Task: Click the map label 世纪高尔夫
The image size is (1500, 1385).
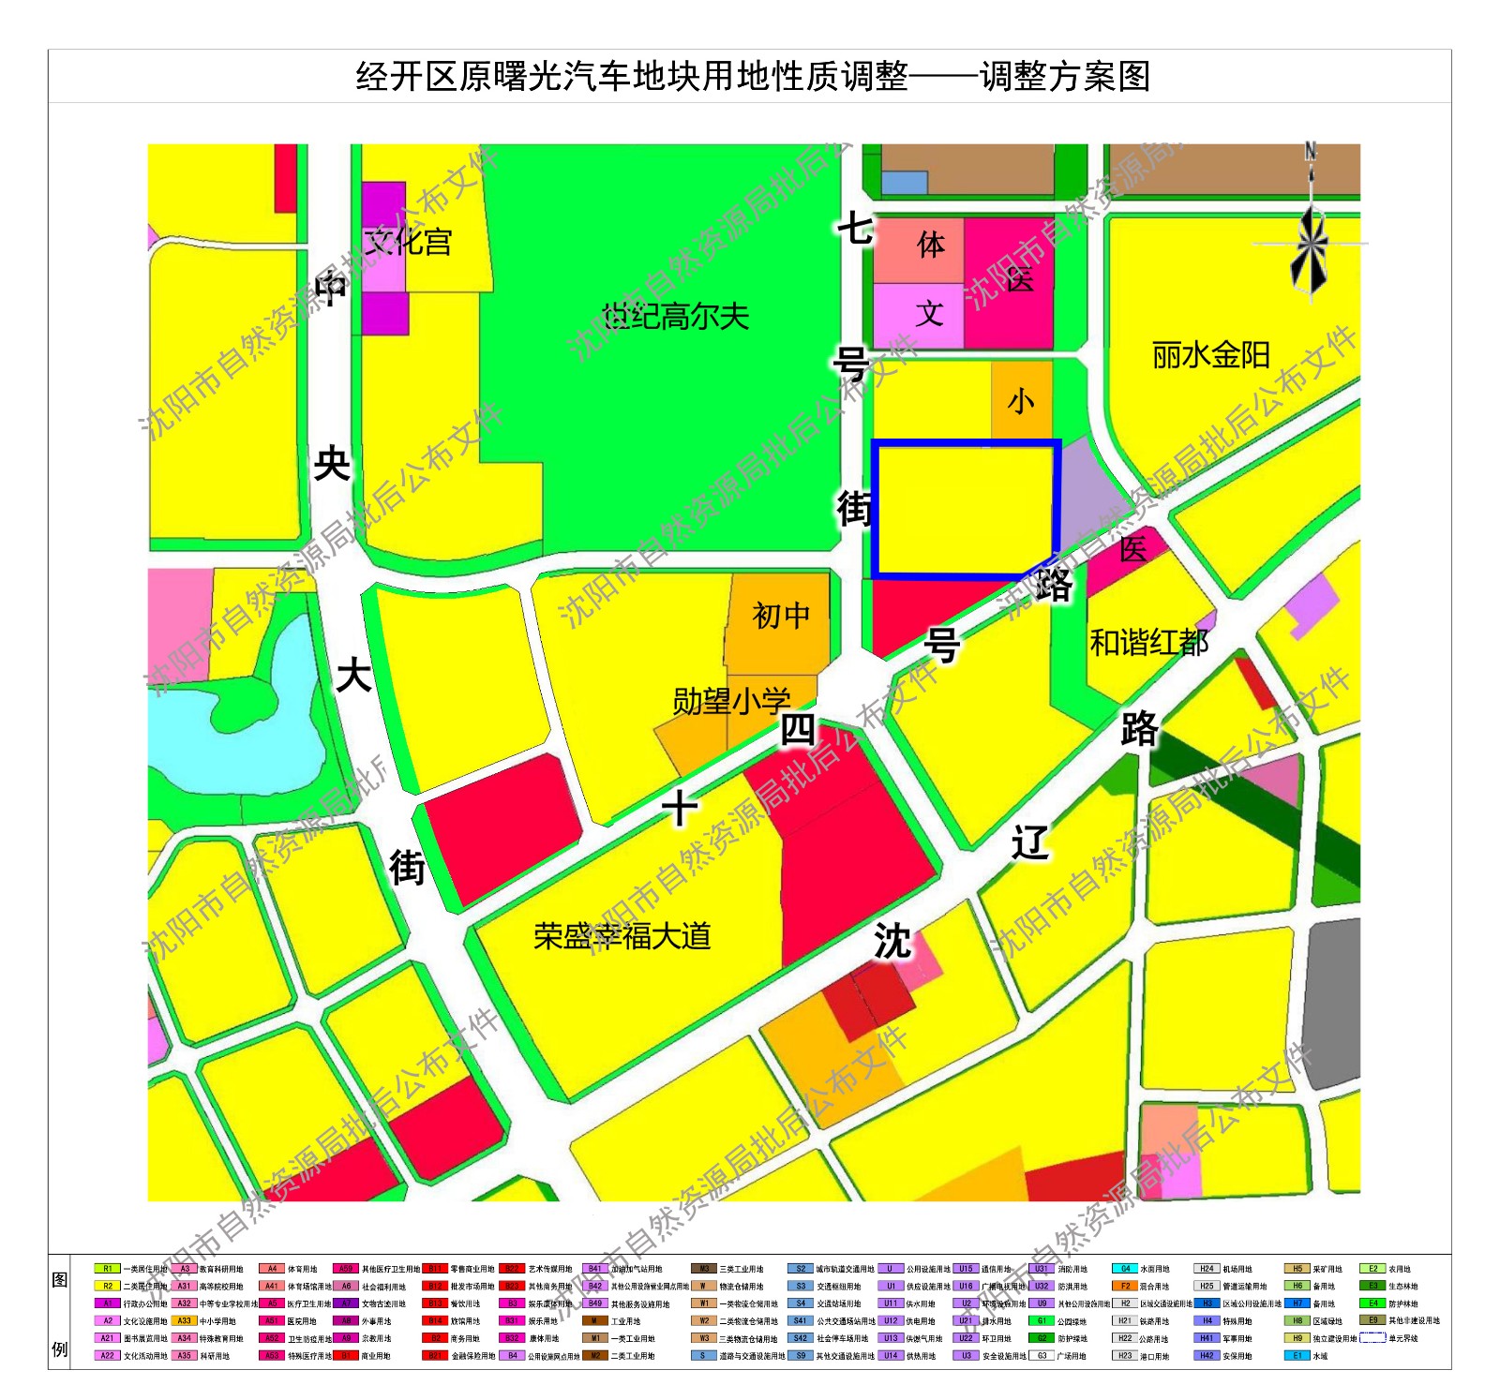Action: (x=676, y=317)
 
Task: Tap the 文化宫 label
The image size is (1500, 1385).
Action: (x=408, y=242)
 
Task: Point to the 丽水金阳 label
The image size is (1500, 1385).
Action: (x=1210, y=355)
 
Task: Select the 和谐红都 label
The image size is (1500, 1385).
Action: (x=1148, y=643)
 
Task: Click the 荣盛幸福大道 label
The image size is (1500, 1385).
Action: (x=622, y=935)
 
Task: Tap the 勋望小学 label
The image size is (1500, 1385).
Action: (x=731, y=700)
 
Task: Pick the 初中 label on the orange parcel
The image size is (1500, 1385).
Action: (x=781, y=616)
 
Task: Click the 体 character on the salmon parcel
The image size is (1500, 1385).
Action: (x=930, y=246)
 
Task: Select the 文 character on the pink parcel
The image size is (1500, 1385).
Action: (x=928, y=313)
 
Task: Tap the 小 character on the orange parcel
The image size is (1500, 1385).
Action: (x=1020, y=402)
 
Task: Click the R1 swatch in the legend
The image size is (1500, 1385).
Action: (x=108, y=1269)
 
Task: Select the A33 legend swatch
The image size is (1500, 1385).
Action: (x=185, y=1321)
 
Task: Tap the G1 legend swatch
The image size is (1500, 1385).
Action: (x=1041, y=1321)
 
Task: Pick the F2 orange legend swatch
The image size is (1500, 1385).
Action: (x=1125, y=1287)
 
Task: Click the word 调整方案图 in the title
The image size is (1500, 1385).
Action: (x=1065, y=77)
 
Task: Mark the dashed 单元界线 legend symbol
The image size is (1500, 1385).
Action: (x=1372, y=1338)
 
